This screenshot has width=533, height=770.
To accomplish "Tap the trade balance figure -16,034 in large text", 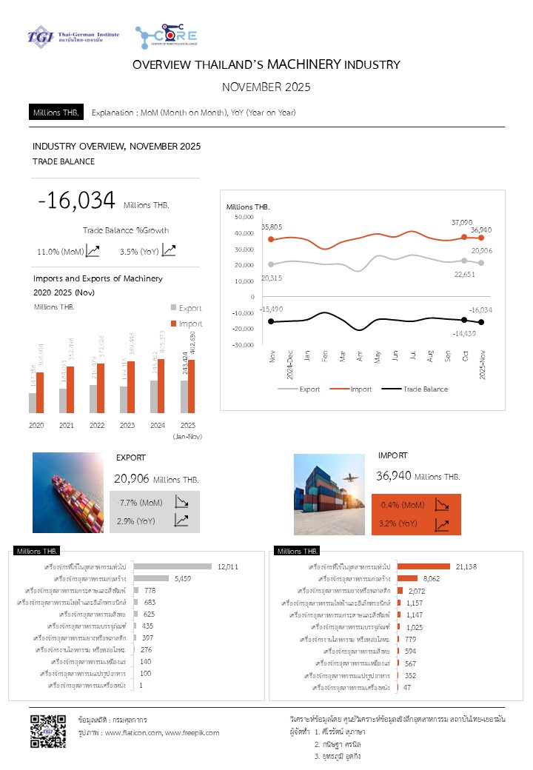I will click(77, 201).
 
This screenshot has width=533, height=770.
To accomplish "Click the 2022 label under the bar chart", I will click(97, 426).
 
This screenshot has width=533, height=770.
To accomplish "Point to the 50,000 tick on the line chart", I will click(243, 216).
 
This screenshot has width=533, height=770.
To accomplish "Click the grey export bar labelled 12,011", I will click(172, 566).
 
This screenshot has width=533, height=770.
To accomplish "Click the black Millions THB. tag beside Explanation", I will click(56, 113).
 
